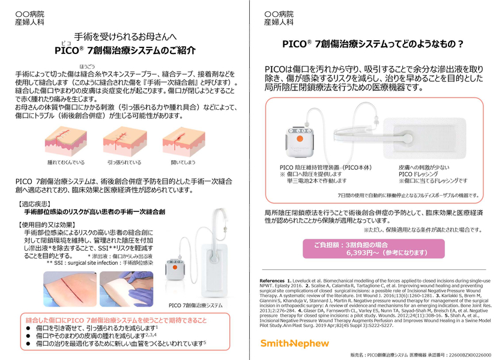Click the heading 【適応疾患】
pyautogui.click(x=40, y=204)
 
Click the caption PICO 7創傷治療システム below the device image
pyautogui.click(x=196, y=305)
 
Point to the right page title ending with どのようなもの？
pyautogui.click(x=372, y=44)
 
